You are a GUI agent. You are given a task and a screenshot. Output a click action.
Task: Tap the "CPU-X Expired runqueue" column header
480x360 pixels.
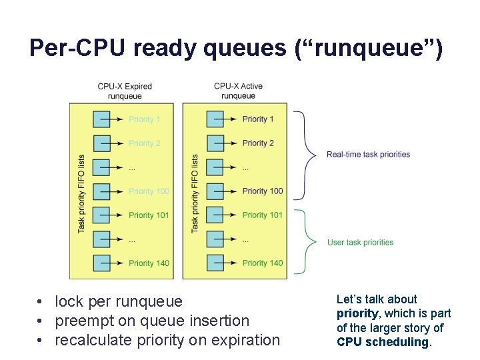[125, 91]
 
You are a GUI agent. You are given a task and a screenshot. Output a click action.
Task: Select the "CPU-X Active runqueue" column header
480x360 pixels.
[239, 91]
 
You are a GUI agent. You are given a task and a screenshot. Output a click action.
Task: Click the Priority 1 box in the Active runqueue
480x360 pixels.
[215, 119]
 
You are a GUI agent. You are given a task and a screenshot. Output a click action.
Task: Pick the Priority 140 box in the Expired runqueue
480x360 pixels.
[101, 263]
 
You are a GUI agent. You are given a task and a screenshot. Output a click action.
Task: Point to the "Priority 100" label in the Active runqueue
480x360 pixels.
[263, 191]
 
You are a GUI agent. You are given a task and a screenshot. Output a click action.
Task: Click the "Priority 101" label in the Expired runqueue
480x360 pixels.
[149, 215]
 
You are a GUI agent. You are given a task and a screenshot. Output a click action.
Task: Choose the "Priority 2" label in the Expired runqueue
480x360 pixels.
[145, 143]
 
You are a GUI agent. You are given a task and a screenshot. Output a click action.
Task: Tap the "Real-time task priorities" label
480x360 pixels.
[368, 155]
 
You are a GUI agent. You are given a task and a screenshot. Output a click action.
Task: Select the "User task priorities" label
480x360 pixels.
[360, 243]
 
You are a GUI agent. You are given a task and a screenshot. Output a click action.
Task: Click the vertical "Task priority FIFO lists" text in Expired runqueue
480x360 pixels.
[81, 193]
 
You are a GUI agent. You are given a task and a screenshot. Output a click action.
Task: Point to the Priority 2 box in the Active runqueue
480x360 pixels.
[215, 143]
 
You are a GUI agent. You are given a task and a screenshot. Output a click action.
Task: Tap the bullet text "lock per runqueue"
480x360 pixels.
[118, 302]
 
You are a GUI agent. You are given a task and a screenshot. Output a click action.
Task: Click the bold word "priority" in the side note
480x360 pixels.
[357, 314]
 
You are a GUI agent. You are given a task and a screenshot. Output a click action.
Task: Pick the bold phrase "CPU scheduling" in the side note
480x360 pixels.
[382, 342]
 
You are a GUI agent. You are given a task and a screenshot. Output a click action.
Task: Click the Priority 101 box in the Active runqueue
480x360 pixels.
[215, 215]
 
